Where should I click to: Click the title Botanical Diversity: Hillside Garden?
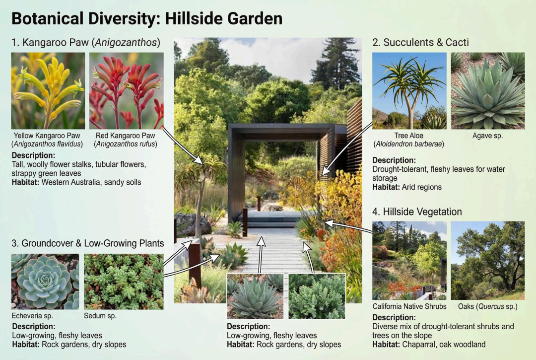click(x=147, y=18)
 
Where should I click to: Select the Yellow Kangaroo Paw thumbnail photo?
click(x=48, y=90)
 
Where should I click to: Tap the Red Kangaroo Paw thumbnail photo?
click(x=127, y=90)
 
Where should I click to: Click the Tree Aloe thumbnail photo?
click(x=409, y=90)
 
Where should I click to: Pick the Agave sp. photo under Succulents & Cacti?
click(x=488, y=90)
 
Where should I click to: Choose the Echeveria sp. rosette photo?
click(x=45, y=282)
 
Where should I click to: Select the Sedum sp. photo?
click(x=124, y=282)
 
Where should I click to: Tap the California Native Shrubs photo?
click(x=409, y=261)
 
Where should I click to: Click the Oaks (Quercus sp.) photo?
click(x=488, y=261)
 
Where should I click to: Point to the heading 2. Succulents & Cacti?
click(x=420, y=42)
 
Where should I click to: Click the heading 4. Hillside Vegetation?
click(x=417, y=212)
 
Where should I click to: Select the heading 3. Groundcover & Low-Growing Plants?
click(x=87, y=243)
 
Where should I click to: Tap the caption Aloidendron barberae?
click(x=409, y=144)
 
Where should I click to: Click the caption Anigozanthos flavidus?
click(x=47, y=144)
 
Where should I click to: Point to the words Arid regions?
click(x=422, y=187)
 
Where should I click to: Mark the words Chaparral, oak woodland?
click(x=444, y=344)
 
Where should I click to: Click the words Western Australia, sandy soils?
click(x=91, y=182)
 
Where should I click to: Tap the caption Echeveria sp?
click(x=32, y=315)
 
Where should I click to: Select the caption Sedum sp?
click(x=100, y=315)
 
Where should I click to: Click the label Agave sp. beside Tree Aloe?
click(x=487, y=136)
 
